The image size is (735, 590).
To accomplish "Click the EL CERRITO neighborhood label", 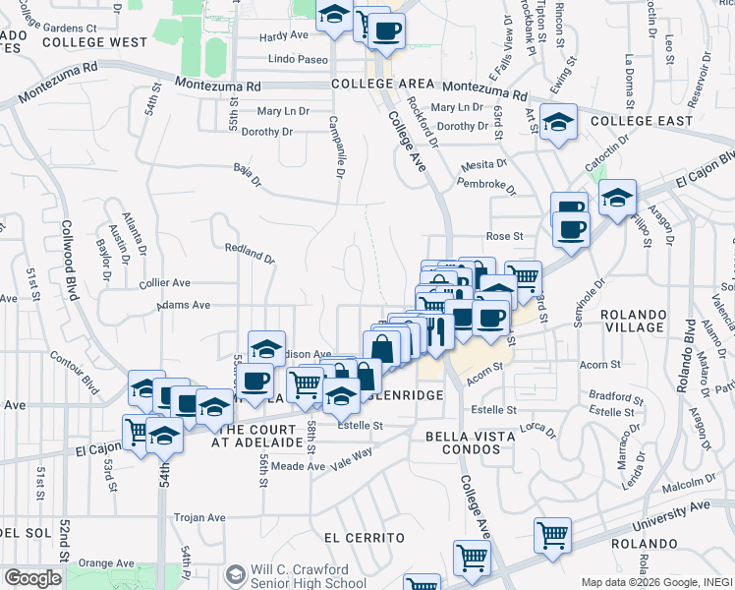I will [x=364, y=538].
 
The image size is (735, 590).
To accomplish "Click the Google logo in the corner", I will [x=32, y=578].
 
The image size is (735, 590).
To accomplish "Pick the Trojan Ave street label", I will [x=199, y=517].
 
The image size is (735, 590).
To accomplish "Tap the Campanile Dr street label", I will [x=337, y=146].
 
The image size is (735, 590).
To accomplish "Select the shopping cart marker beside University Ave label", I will [x=553, y=534].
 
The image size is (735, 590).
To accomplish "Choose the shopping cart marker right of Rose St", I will [x=524, y=277].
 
